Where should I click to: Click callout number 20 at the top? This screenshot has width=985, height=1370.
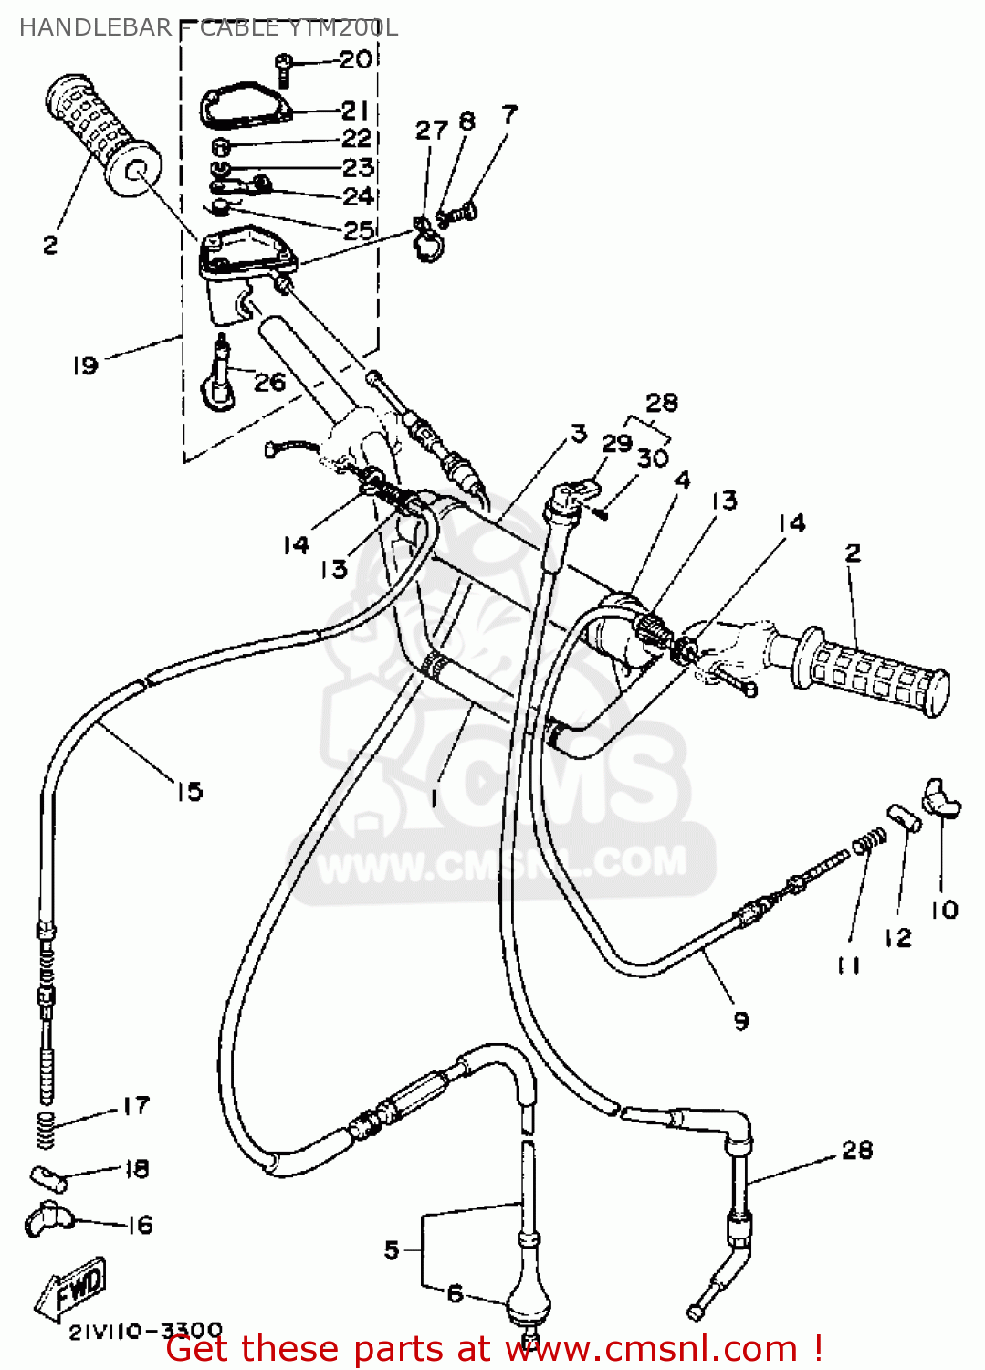[355, 59]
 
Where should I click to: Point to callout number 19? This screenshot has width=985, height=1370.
[85, 365]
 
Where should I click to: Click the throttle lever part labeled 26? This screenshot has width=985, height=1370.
[218, 375]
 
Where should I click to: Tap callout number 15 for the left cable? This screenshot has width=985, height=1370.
[189, 791]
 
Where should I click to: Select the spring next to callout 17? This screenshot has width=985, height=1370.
[46, 1130]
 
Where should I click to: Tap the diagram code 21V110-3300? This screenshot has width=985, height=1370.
[145, 1331]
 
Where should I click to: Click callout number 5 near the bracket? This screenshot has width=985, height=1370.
[392, 1249]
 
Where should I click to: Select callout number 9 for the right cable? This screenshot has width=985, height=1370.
[740, 1020]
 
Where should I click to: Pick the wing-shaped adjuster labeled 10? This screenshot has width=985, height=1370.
[941, 796]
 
